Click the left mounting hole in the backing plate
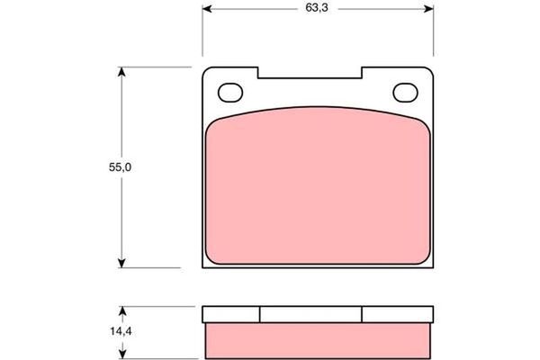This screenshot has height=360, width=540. coord(231,92)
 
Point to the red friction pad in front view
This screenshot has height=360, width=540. coord(317,189)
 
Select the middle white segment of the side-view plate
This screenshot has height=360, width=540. coord(311,314)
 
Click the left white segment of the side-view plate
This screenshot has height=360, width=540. coord(231,314)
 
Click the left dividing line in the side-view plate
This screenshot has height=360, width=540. coord(260,314)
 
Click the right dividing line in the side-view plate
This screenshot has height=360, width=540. coord(363,314)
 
